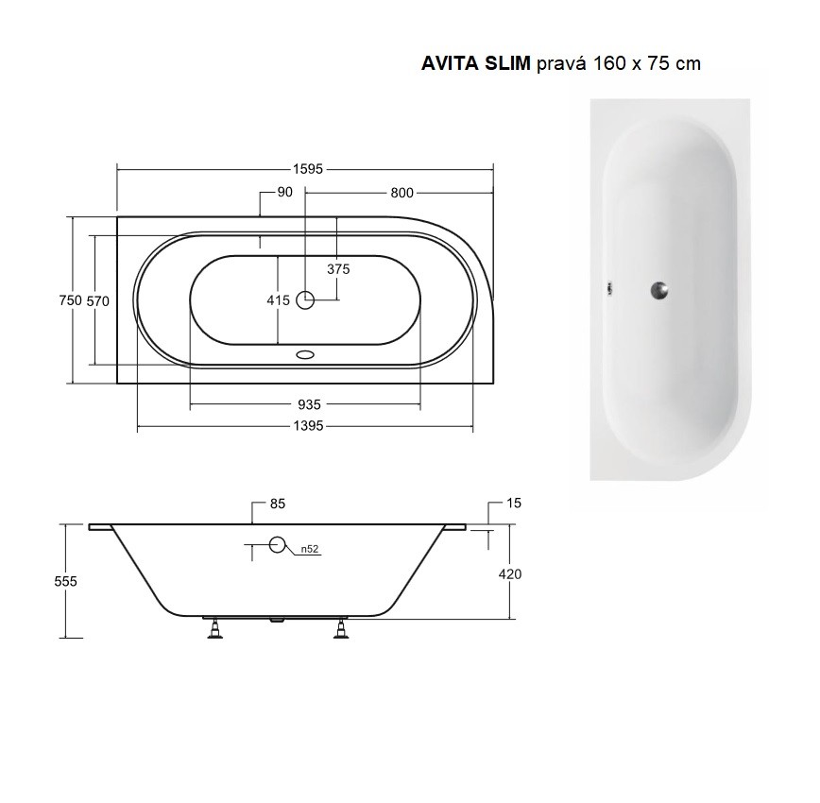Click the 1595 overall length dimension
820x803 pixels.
(308, 169)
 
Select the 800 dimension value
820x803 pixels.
(401, 193)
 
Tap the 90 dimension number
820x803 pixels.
(284, 192)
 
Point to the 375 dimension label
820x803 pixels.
(338, 269)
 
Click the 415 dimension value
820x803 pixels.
(278, 300)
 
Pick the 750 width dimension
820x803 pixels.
(71, 300)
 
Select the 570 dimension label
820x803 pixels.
(98, 300)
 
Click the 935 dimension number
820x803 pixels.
(309, 404)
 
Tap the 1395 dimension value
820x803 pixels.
(308, 426)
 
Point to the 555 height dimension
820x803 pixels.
(65, 581)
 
